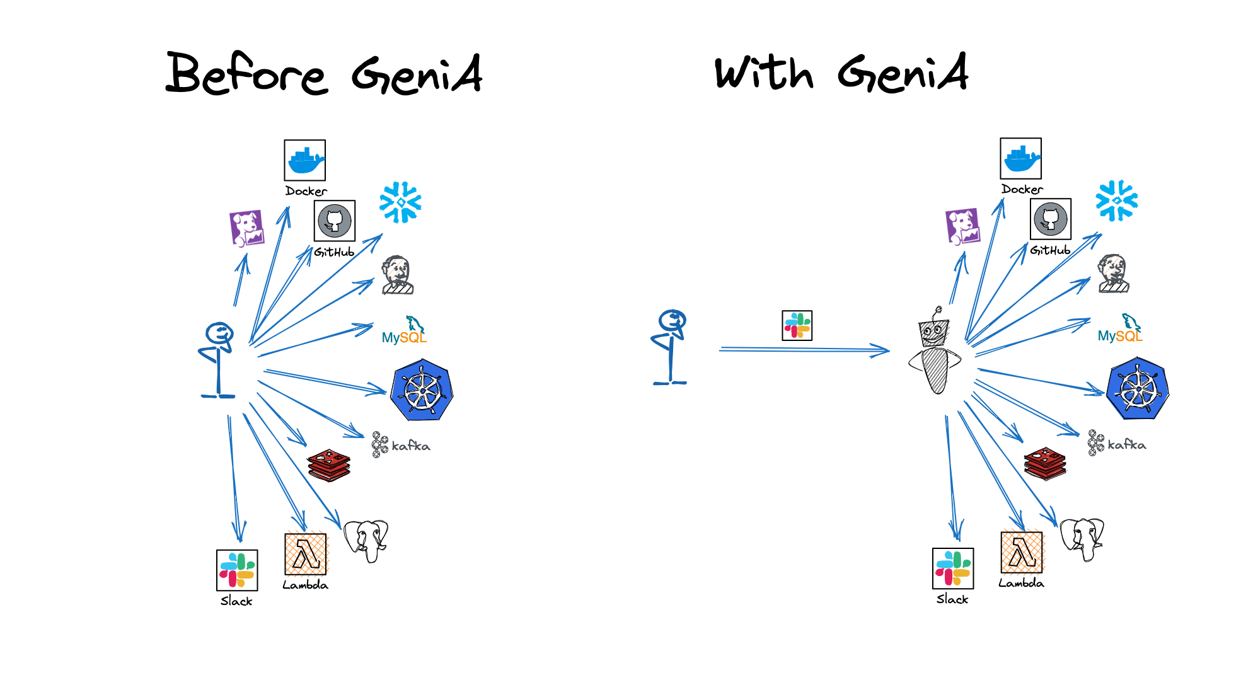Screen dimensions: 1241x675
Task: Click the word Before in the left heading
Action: [246, 74]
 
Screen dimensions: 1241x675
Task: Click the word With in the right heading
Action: [764, 73]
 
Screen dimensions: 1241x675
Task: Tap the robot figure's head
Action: [934, 332]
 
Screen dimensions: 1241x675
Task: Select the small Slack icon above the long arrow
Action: [797, 325]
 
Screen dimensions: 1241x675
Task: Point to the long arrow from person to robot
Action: [804, 350]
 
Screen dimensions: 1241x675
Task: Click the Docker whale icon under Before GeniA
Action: [305, 160]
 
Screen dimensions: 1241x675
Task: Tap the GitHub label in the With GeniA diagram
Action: [1050, 250]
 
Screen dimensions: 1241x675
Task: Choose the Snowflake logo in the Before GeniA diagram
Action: [400, 202]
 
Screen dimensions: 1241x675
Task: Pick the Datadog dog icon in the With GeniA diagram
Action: [963, 226]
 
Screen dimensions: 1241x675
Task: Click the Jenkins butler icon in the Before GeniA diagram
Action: [398, 275]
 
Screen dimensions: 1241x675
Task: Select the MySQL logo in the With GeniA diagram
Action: [1120, 329]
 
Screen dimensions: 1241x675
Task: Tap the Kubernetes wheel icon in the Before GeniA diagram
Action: [422, 390]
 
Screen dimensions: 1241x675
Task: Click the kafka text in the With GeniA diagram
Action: [1127, 444]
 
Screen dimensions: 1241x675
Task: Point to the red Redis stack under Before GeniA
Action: [329, 465]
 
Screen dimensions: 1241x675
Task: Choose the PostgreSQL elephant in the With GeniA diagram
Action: [1082, 539]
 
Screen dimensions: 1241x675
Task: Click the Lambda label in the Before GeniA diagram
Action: [306, 585]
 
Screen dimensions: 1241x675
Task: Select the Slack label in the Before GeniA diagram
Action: [236, 601]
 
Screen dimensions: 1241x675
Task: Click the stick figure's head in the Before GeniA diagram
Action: [219, 333]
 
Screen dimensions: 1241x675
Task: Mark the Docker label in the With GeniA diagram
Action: [1022, 189]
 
